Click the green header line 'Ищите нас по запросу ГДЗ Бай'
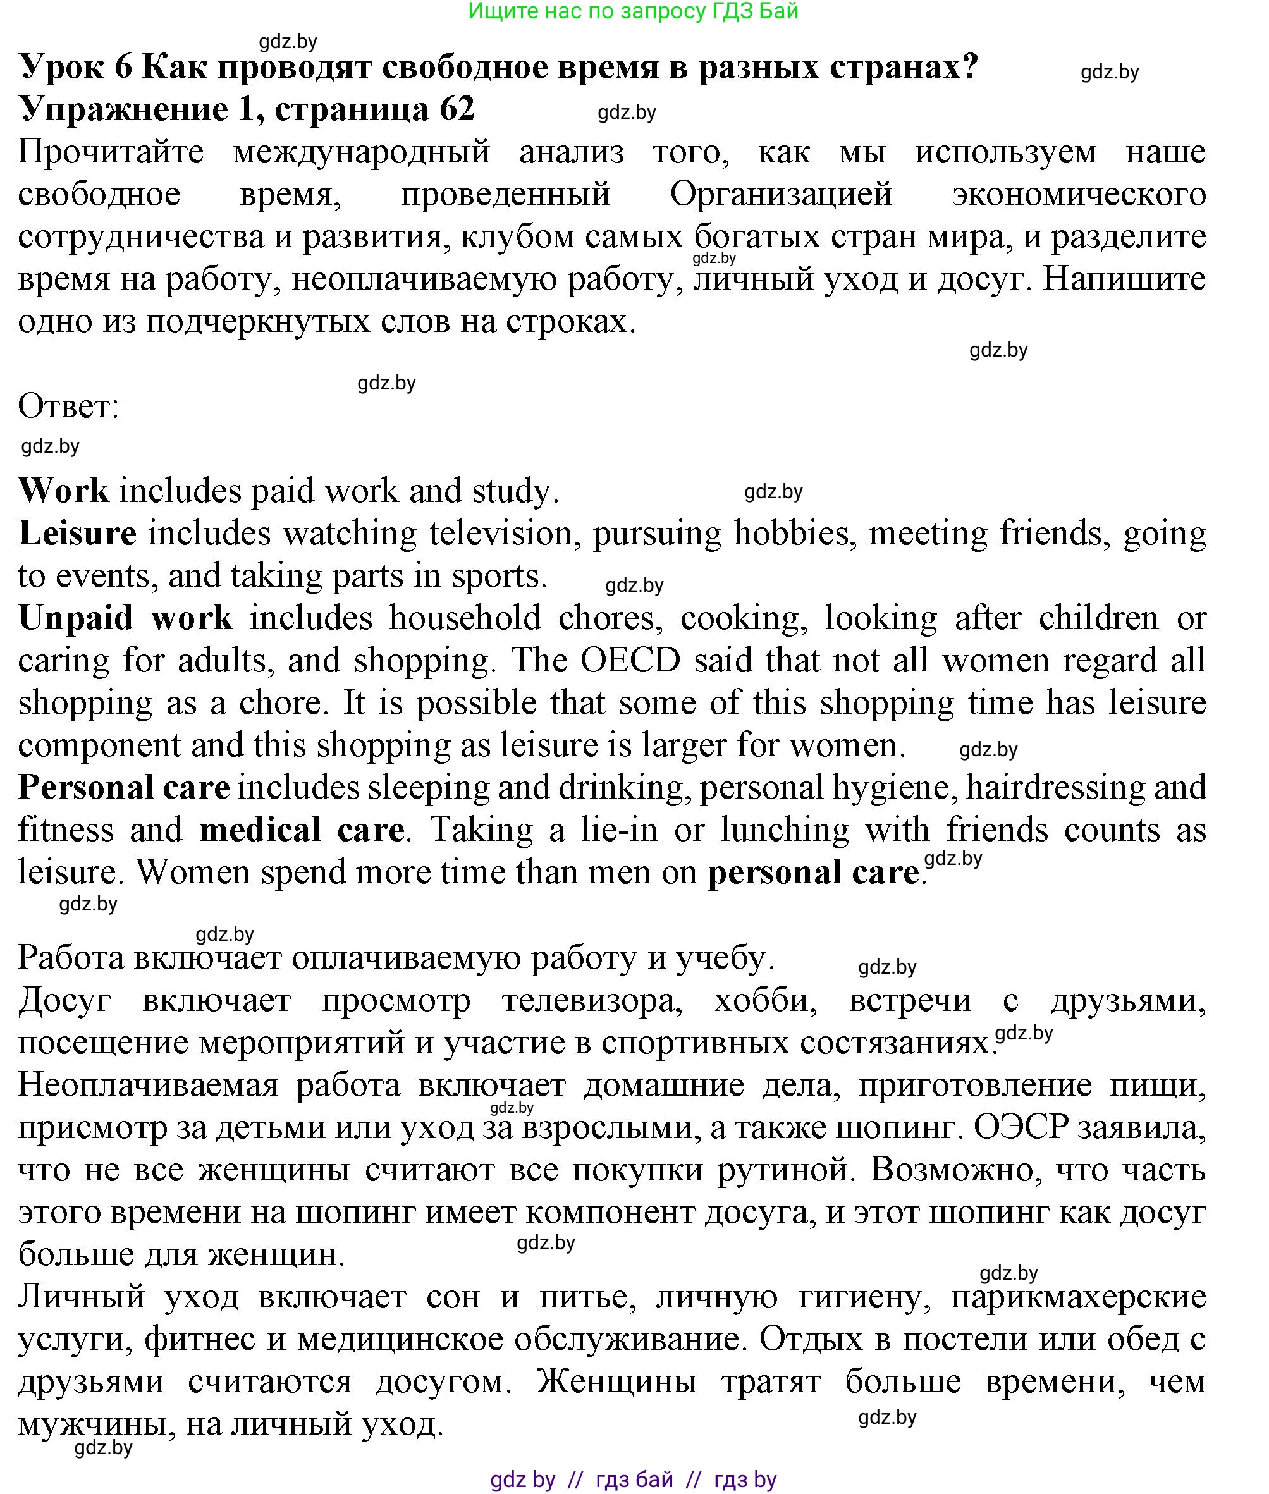(x=633, y=11)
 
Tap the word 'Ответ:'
(x=68, y=407)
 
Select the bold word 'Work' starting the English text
(x=63, y=491)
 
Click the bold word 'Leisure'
(x=78, y=534)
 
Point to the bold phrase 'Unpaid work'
(x=125, y=618)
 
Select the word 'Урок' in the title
(x=63, y=68)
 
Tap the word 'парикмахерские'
(x=1077, y=1297)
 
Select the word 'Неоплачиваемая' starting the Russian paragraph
(x=147, y=1086)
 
